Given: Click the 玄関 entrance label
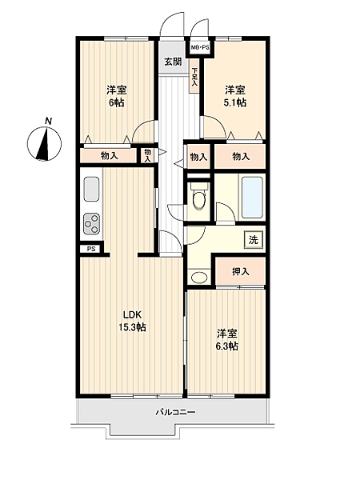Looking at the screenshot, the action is pos(173,62).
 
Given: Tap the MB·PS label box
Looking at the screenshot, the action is pos(200,47).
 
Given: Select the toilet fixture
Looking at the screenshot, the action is pos(198,196).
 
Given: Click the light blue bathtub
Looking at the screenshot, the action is pos(252,197).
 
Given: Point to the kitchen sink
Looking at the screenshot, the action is pos(91,189).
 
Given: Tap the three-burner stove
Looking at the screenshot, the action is pos(91,223).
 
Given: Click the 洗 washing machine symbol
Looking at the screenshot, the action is pos(254,240).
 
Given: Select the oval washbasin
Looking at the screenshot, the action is pos(199,278).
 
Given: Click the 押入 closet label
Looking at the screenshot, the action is pos(240,271).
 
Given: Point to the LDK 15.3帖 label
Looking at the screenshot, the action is pos(132,321).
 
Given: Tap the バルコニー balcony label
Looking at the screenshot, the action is pos(175,412).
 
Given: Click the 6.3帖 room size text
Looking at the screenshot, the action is pos(227,346).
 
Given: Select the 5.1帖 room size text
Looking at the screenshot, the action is pos(235,102).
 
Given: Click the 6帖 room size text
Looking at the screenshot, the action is pos(117,102).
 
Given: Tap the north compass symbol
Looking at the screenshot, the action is pos(44,143).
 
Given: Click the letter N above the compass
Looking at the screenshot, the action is pos(48,121).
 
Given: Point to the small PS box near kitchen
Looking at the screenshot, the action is pos(91,249).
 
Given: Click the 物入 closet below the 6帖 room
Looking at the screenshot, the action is pos(109,156).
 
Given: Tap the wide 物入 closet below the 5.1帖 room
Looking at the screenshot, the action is pos(240,157).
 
